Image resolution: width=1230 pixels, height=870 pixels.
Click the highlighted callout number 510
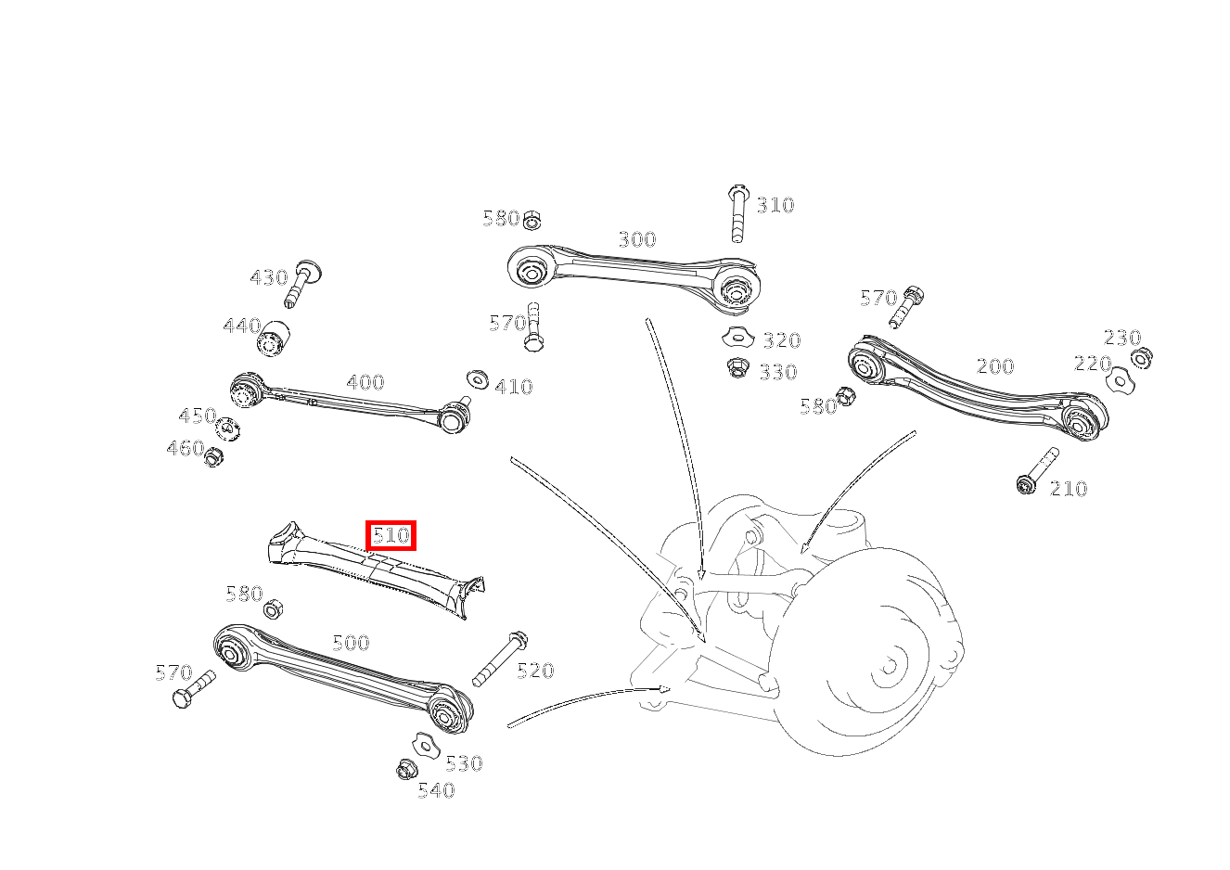pyautogui.click(x=391, y=535)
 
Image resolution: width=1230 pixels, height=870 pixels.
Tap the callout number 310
pyautogui.click(x=775, y=205)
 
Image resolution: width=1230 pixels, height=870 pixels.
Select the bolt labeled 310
pyautogui.click(x=737, y=213)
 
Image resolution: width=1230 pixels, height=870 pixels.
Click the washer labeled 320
pyautogui.click(x=738, y=337)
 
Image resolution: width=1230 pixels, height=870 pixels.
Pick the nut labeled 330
pyautogui.click(x=736, y=367)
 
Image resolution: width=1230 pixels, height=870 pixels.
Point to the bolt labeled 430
pyautogui.click(x=301, y=284)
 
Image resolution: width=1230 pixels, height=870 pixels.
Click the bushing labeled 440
pyautogui.click(x=273, y=339)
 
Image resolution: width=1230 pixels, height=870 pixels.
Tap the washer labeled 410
pyautogui.click(x=477, y=379)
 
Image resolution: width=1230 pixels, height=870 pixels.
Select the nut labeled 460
pyautogui.click(x=213, y=456)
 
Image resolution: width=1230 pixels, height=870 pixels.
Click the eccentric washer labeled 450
pyautogui.click(x=228, y=429)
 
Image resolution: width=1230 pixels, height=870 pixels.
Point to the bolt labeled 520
pyautogui.click(x=500, y=659)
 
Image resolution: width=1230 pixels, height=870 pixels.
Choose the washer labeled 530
pyautogui.click(x=426, y=745)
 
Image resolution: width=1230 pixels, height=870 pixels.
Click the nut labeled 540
pyautogui.click(x=406, y=769)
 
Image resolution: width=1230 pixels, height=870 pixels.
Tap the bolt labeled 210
pyautogui.click(x=1037, y=471)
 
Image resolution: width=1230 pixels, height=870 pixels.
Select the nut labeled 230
pyautogui.click(x=1142, y=358)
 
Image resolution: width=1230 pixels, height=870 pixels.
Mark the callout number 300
pyautogui.click(x=637, y=240)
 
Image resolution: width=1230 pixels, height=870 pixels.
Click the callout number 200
pyautogui.click(x=995, y=366)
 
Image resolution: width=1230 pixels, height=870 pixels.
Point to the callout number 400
pyautogui.click(x=365, y=382)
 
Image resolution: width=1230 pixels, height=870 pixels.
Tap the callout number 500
pyautogui.click(x=351, y=643)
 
